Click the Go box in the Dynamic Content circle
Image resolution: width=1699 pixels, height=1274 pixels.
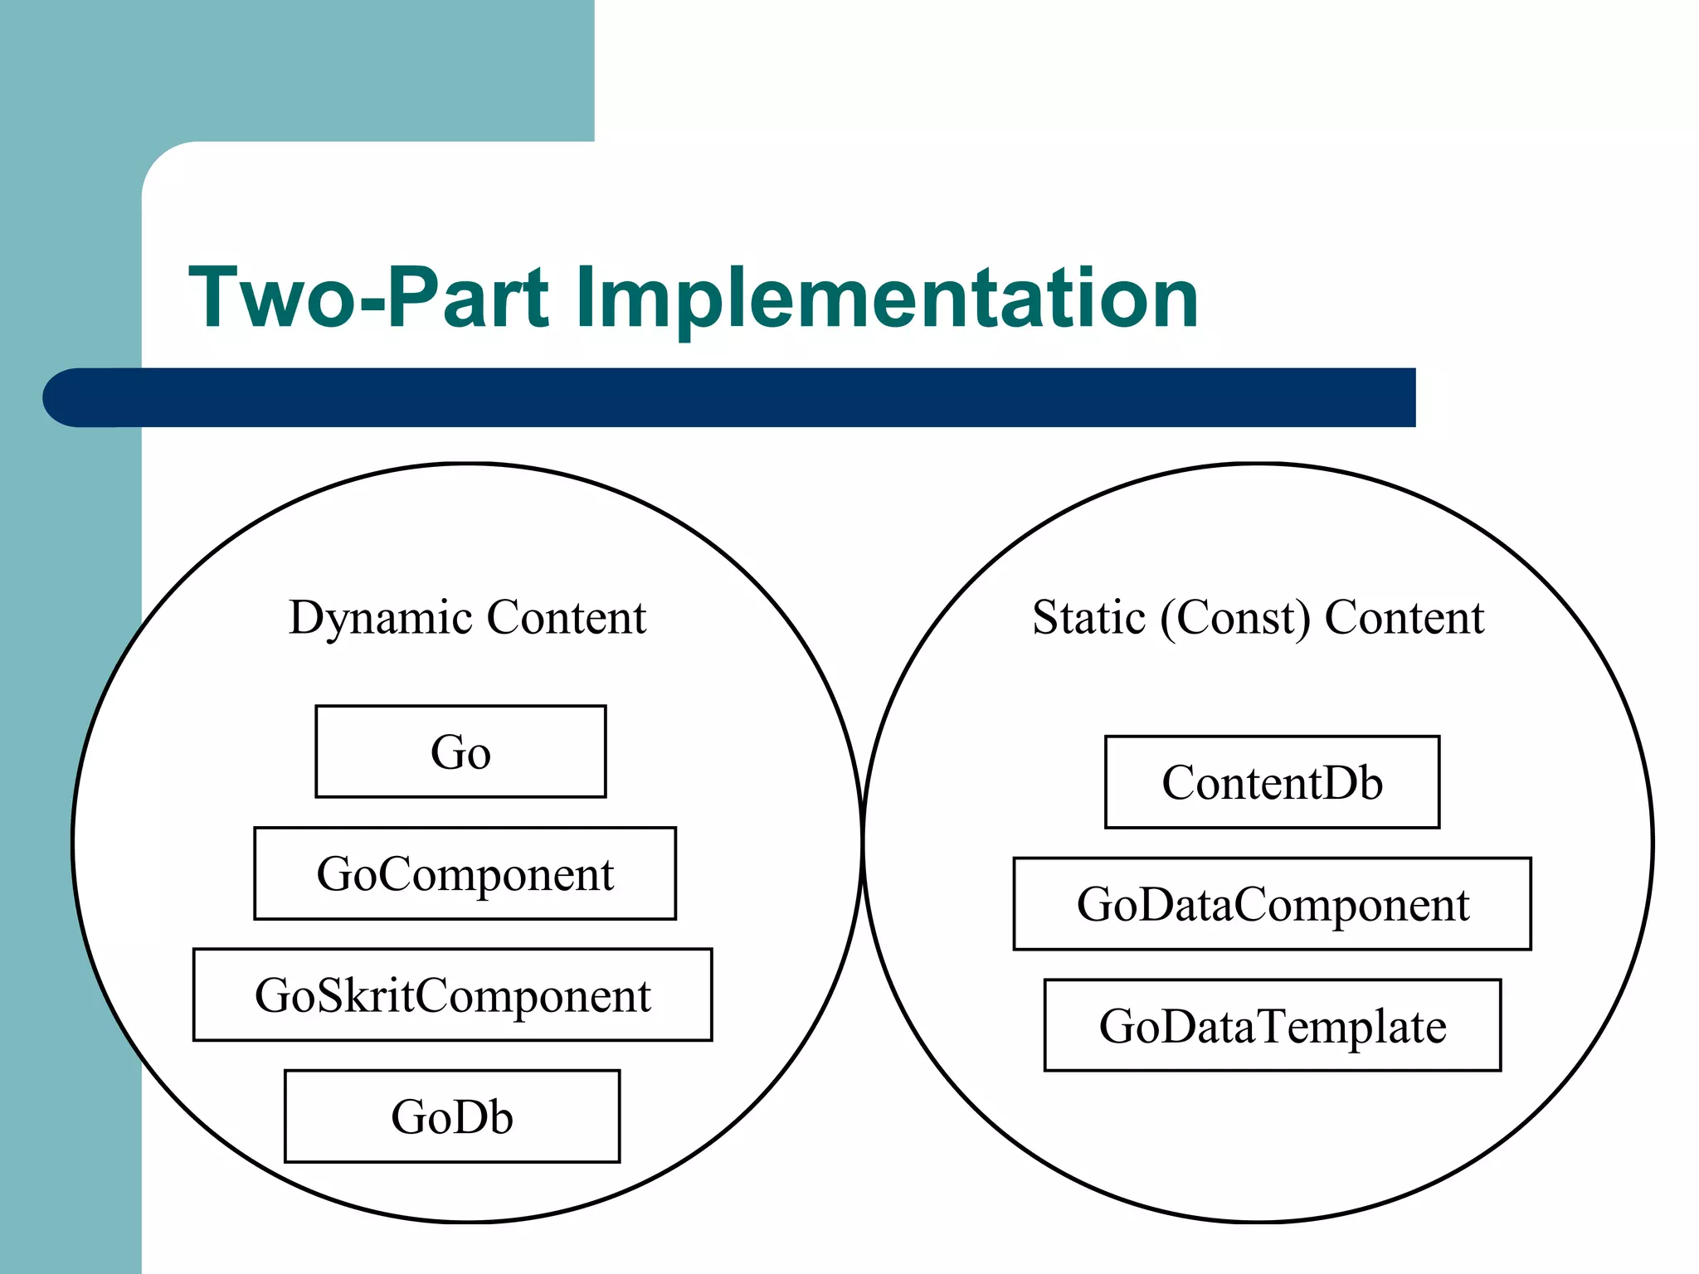460,751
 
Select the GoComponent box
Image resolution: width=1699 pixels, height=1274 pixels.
465,873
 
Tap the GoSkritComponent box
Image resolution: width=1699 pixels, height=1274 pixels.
452,994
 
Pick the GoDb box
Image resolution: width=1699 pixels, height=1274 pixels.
452,1116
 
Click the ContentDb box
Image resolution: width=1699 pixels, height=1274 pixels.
1272,782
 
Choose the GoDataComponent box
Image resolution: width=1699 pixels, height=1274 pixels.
1272,904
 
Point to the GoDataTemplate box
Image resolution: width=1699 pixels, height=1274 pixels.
1272,1026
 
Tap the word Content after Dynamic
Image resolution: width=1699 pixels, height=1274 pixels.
567,618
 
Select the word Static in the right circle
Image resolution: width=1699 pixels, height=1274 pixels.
1088,618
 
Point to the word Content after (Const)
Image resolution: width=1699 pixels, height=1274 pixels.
1404,618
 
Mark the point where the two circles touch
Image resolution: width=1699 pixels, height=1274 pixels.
863,842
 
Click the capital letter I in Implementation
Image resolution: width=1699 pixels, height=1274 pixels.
583,297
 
